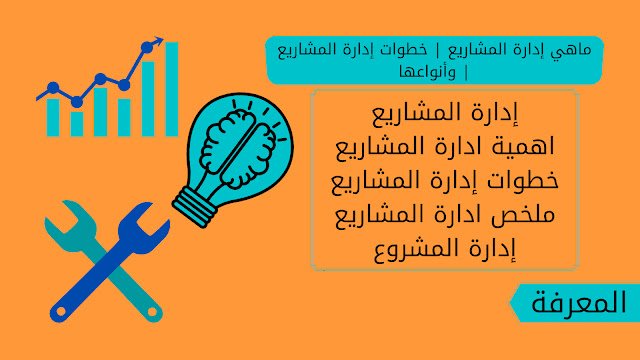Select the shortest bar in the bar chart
(x=77, y=122)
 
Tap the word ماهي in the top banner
(x=573, y=49)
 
